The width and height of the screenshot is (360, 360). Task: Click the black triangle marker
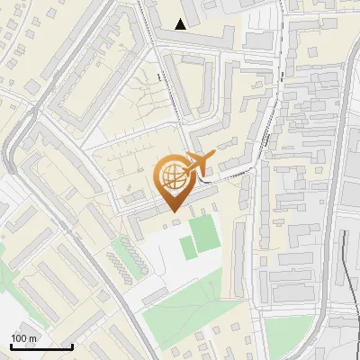pos(182,24)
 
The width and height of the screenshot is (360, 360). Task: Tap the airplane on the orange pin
pos(200,162)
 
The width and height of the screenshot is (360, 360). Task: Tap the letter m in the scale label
pos(33,338)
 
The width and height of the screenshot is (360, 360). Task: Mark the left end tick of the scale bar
pos(10,346)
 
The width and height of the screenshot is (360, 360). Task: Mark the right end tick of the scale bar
pos(72,346)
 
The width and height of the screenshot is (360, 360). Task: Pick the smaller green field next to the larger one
pos(188,247)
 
